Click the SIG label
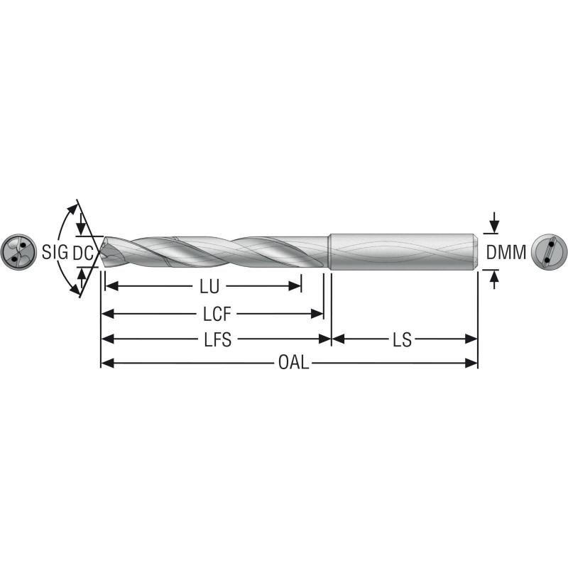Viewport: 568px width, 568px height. (54, 252)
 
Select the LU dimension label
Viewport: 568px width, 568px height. (209, 287)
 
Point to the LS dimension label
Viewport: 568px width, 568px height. (402, 339)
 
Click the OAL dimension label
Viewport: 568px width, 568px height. (293, 363)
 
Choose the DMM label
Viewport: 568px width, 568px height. (506, 252)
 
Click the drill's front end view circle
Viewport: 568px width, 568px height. (18, 251)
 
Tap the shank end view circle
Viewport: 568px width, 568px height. (550, 251)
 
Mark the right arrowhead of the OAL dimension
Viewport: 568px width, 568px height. (471, 363)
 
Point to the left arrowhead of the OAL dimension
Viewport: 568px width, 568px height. (107, 363)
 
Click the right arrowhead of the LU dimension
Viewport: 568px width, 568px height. (296, 287)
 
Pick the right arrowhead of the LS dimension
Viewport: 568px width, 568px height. (471, 339)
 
